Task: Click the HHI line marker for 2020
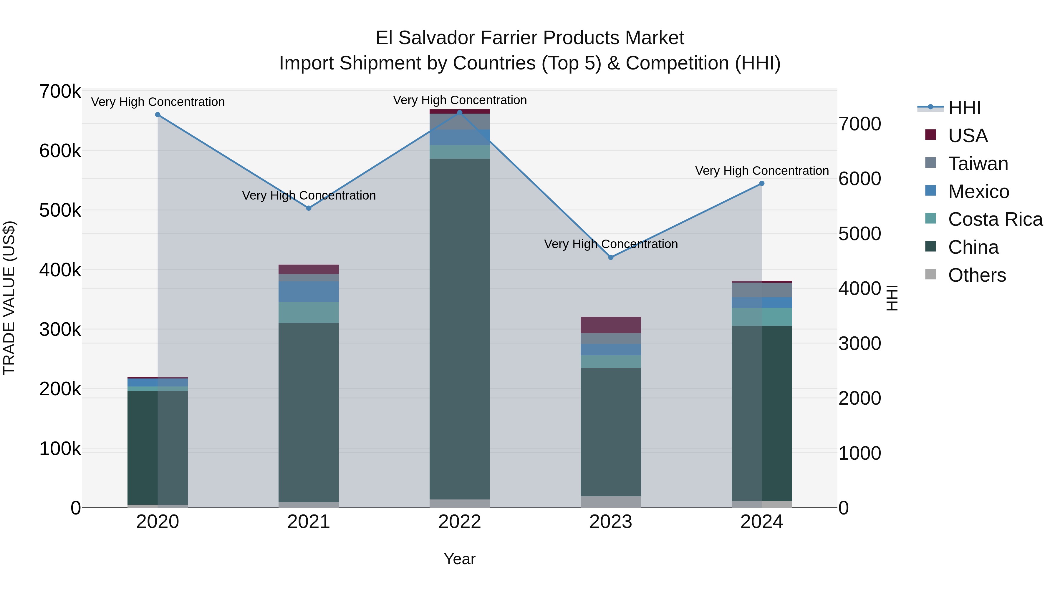pos(158,115)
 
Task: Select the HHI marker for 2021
pos(309,208)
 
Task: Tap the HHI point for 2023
pos(611,258)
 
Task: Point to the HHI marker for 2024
pos(762,183)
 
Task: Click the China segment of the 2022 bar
pos(460,329)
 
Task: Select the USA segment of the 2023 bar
pos(611,325)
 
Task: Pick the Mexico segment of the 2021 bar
pos(309,292)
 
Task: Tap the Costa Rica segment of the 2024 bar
pos(762,317)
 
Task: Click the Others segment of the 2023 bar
pos(611,502)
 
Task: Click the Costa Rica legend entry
pos(995,219)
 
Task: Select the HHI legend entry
pos(964,108)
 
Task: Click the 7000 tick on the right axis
pos(859,124)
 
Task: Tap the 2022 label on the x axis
pos(460,522)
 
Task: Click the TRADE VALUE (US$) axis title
pos(9,298)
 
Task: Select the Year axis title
pos(460,559)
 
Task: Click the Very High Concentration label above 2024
pos(762,171)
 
